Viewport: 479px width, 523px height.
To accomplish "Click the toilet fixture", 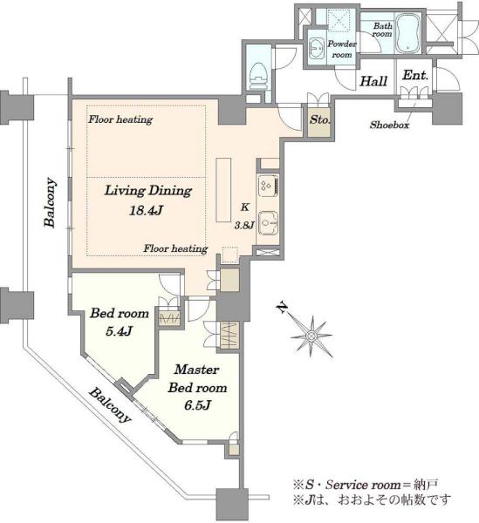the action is click(x=257, y=76).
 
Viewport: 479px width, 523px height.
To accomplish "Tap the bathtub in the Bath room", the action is click(x=408, y=33).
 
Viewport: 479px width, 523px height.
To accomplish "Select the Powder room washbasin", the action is click(x=316, y=49).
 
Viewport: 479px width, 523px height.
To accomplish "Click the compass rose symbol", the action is click(x=311, y=335).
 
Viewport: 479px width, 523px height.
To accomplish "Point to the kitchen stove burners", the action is click(x=269, y=186).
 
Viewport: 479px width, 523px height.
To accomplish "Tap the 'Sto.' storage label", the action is click(x=319, y=119).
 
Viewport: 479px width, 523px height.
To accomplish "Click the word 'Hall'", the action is click(x=373, y=81).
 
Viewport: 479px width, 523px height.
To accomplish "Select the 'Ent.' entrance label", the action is click(x=415, y=75).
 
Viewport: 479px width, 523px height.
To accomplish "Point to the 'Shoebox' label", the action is click(x=389, y=125).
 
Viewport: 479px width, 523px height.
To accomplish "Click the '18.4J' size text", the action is click(x=146, y=210).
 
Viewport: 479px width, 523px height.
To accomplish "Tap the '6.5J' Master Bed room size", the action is click(x=197, y=405).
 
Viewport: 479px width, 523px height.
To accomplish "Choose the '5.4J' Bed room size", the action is click(x=120, y=331).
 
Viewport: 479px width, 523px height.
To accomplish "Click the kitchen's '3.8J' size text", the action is click(x=244, y=226).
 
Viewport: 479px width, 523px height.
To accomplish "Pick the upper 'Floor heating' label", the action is click(x=120, y=119).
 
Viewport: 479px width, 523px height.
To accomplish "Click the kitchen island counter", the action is click(x=223, y=189).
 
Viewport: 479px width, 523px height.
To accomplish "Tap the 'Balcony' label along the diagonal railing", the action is click(x=109, y=405).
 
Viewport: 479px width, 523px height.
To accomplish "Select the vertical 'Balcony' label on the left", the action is click(x=51, y=203).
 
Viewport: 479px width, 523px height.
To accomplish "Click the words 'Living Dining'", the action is click(x=148, y=191).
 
